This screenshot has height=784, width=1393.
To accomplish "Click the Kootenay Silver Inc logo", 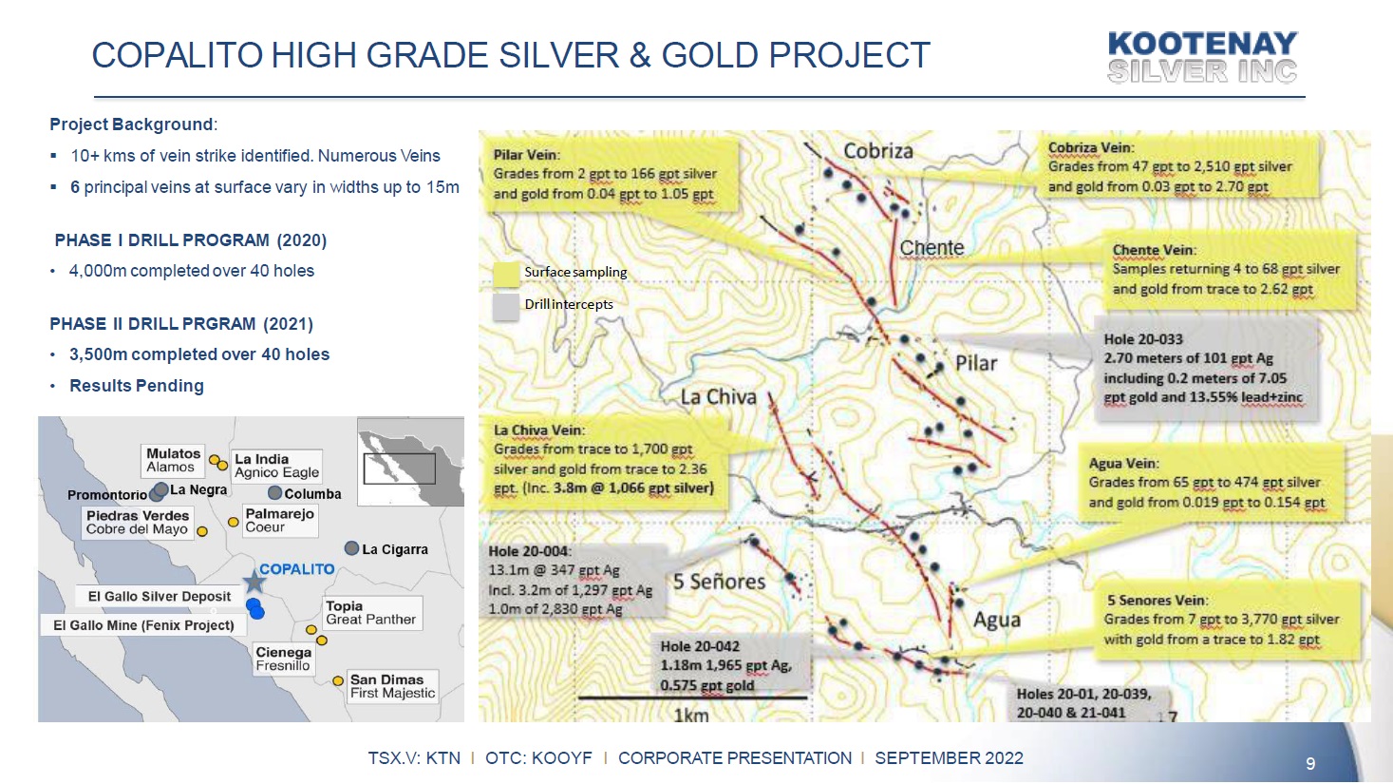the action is tap(1202, 57).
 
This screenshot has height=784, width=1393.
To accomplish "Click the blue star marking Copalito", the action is tap(254, 582).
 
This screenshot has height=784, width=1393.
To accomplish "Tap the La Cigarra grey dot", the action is tap(351, 548).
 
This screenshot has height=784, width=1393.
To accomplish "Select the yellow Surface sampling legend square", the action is tap(506, 274).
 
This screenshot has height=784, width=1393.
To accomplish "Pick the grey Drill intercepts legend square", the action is tap(506, 306).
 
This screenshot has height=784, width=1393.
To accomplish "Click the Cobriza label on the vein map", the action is tap(878, 151).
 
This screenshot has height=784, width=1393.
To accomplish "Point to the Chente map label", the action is tap(932, 248).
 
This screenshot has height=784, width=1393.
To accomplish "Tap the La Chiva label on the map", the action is tap(718, 397).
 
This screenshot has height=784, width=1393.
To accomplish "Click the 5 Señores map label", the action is tap(720, 582).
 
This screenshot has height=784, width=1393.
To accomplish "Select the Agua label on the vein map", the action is tap(997, 620).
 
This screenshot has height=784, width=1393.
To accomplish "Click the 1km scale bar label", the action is tap(691, 716).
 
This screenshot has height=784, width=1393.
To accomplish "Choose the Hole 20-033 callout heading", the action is tap(1143, 339).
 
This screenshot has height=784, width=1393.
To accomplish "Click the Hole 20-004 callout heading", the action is tap(529, 551).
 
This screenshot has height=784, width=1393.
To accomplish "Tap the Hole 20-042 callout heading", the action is tap(700, 646).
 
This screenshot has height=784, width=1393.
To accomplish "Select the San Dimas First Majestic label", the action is tap(392, 686).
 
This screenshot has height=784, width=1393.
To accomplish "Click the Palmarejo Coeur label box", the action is tap(280, 520).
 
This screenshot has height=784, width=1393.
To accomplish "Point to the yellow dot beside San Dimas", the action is tap(338, 680).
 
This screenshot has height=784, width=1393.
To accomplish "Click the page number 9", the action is tap(1311, 764).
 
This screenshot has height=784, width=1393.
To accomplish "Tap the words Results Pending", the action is tap(137, 386).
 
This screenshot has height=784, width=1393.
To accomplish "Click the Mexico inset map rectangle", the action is tap(399, 468).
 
